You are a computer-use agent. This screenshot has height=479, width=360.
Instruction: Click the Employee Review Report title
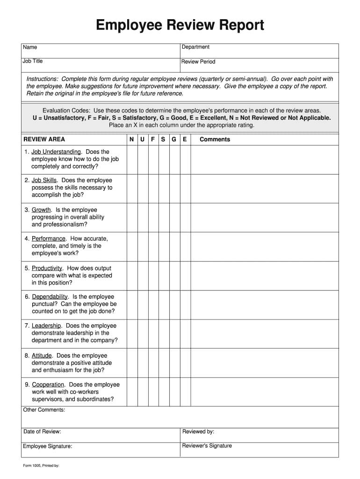[x=180, y=25]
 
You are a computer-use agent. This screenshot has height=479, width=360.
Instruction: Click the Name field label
[x=30, y=47]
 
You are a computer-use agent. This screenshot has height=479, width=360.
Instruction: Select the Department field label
[x=195, y=47]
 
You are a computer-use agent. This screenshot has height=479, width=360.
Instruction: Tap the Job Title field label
[x=33, y=61]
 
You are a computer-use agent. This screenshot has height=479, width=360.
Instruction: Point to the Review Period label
[x=198, y=62]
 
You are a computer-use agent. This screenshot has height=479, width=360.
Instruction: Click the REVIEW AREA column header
[x=44, y=139]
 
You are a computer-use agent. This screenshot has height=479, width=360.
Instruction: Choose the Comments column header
[x=215, y=139]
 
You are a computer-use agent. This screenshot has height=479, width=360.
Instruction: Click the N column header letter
[x=131, y=139]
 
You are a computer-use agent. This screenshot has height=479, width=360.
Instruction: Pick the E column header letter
[x=185, y=139]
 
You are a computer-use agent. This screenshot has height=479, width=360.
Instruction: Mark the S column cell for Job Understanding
[x=163, y=160]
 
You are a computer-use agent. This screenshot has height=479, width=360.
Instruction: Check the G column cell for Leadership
[x=174, y=334]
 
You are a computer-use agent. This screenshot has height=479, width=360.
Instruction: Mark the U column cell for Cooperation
[x=142, y=392]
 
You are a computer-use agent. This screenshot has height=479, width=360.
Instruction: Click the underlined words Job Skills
[x=44, y=181]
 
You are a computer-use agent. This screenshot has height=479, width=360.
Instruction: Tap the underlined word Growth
[x=41, y=210]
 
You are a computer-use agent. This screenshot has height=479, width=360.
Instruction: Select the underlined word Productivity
[x=47, y=269]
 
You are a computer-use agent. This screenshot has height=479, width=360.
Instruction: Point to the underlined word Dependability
[x=50, y=297]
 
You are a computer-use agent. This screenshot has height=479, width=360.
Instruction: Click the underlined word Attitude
[x=42, y=356]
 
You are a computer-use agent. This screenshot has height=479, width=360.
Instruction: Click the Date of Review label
[x=42, y=432]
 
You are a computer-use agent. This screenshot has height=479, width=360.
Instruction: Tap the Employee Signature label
[x=47, y=446]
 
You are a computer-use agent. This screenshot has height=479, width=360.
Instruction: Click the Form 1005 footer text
[x=41, y=466]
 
